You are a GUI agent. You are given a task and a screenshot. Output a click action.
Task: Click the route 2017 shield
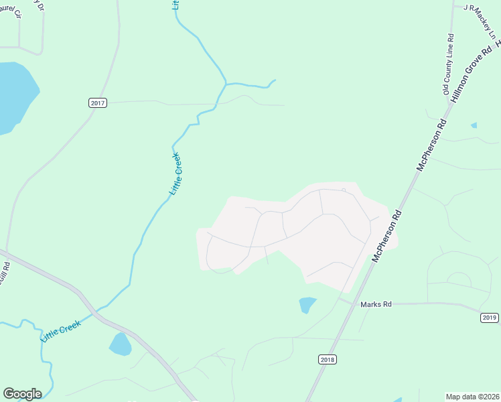coord(98,103)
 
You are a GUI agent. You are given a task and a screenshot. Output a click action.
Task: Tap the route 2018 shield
coord(326,360)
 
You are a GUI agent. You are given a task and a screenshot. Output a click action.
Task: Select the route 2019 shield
coord(490,318)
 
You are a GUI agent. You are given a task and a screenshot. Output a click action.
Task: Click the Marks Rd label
coord(376,304)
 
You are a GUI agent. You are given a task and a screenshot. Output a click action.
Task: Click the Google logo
coord(22,394)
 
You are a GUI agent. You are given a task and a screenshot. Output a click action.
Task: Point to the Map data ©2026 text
coord(472,396)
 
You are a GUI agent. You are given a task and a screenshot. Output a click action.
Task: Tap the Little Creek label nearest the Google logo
coord(61,331)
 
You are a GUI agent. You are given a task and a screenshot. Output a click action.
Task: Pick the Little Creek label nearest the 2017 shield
coord(175,174)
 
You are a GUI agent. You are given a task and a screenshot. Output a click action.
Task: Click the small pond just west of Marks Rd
coord(307,305)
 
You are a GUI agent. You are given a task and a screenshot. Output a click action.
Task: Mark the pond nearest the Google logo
coord(121,344)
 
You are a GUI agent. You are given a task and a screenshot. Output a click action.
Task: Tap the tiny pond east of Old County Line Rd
coord(474,125)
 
